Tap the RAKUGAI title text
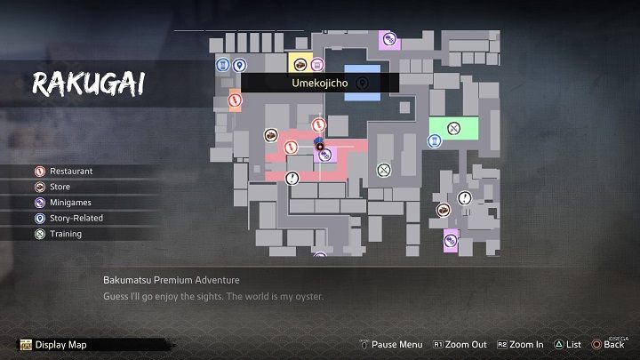[89, 84]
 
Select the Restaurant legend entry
[71, 171]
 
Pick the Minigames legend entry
[71, 203]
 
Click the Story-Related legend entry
[76, 219]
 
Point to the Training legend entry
[66, 235]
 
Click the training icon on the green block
[453, 128]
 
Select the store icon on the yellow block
[300, 64]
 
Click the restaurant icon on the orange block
[236, 100]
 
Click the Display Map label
[60, 345]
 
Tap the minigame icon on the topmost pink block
[388, 39]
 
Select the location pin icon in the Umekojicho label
[362, 83]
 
